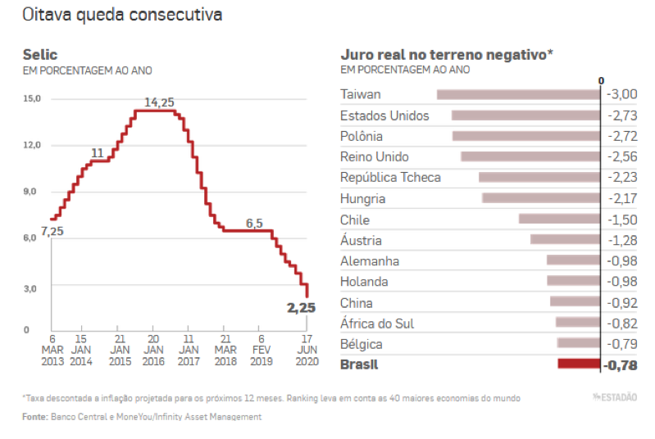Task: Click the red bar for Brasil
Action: (579, 364)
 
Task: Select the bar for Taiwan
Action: (518, 95)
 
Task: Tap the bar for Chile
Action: (559, 219)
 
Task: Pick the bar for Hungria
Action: (541, 198)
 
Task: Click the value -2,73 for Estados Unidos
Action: (621, 115)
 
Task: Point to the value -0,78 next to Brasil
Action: (621, 365)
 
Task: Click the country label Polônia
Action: (362, 136)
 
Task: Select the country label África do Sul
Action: (377, 324)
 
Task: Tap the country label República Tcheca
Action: (390, 178)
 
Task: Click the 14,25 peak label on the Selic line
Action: (159, 102)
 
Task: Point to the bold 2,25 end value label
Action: (301, 308)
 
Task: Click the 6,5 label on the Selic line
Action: (254, 223)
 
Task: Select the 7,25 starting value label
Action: (52, 231)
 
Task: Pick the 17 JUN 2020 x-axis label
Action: (306, 350)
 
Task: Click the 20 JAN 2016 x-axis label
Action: (153, 350)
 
